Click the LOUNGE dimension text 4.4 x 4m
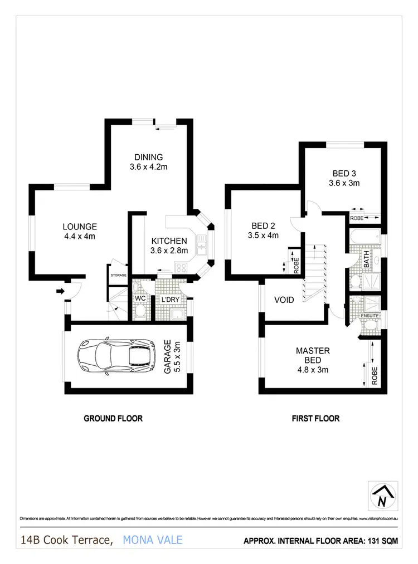80,236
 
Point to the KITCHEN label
169,241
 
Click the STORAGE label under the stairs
118,276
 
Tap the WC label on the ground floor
140,299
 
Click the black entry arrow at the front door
59,290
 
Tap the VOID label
284,300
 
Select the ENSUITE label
370,316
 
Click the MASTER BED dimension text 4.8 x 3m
313,360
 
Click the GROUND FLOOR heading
113,419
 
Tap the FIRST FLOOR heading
315,419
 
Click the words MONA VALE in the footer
152,540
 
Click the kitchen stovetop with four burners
181,268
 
